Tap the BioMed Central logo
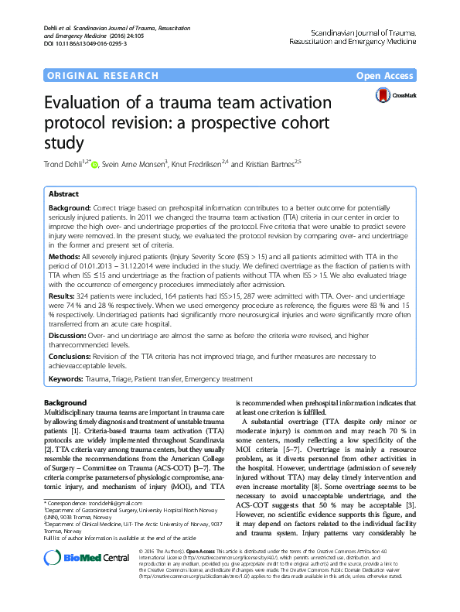click(75, 579)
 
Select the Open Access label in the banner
click(386, 75)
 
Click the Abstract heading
click(63, 195)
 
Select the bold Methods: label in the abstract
click(65, 255)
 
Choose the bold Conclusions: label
click(72, 355)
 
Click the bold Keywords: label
click(69, 379)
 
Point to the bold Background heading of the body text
click(66, 403)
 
